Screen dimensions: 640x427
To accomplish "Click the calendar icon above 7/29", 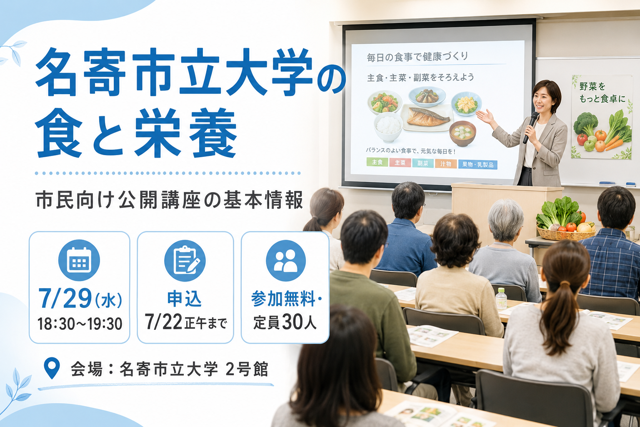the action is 79,260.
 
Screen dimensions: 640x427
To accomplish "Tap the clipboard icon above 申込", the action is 185,260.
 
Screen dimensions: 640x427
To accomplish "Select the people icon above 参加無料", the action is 286,261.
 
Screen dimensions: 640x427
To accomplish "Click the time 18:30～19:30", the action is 80,324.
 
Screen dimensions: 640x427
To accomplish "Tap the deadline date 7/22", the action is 163,322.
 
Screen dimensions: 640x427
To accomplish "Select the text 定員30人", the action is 285,322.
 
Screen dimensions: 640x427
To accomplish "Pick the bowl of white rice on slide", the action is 388,127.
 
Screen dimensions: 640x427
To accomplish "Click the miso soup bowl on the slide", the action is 462,133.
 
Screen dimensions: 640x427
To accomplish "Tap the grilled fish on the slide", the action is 427,116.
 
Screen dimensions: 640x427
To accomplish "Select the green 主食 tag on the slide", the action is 377,162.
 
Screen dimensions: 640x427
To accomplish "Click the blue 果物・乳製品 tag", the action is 478,164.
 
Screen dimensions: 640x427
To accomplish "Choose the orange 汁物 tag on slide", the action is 446,163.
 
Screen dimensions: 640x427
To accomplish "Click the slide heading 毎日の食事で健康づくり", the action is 417,57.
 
